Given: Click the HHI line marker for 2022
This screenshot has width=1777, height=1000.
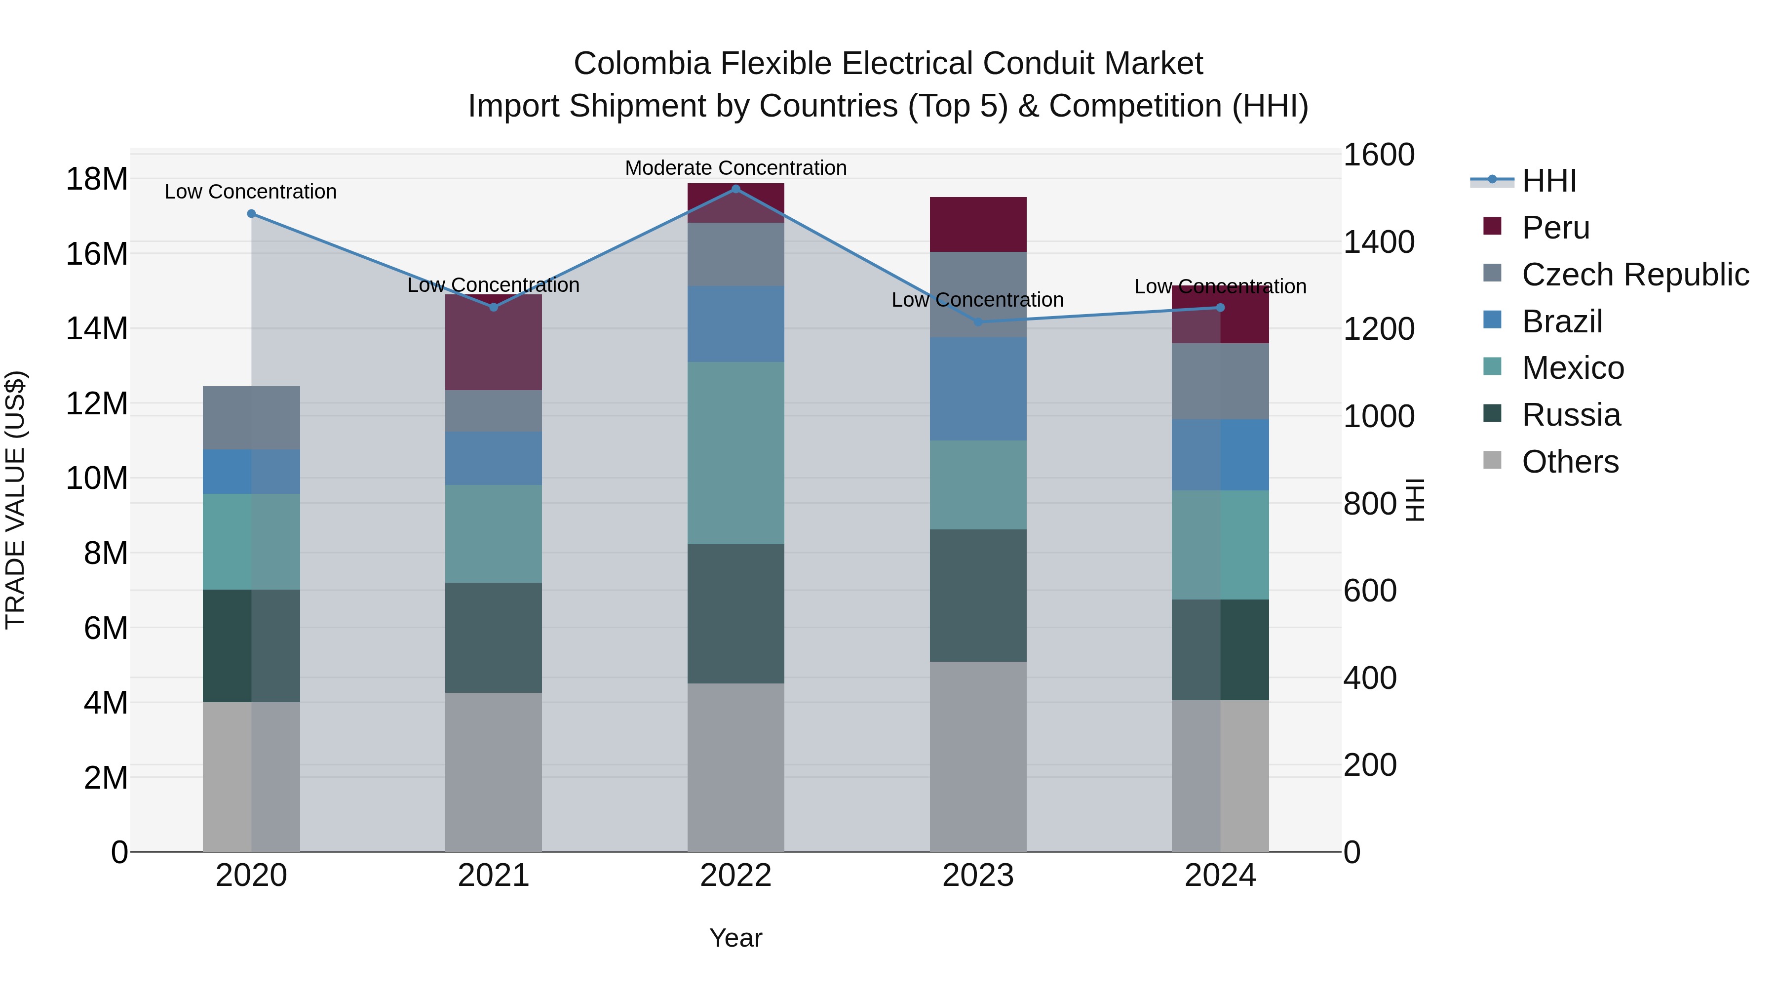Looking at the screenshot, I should (x=735, y=189).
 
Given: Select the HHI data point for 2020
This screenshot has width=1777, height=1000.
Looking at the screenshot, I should (x=251, y=214).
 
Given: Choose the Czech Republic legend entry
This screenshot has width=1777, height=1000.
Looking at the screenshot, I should (x=1635, y=275).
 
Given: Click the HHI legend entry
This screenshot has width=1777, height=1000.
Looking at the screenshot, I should (x=1548, y=181).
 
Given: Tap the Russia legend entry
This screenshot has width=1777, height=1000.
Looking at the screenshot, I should (x=1571, y=415).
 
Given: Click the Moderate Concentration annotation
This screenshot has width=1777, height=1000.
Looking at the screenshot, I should (x=735, y=168).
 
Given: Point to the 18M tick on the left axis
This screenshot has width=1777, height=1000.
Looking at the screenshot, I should (x=97, y=179).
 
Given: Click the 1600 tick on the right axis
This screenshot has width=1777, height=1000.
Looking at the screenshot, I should (x=1378, y=155).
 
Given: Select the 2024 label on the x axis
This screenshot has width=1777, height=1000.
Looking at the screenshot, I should (x=1220, y=876).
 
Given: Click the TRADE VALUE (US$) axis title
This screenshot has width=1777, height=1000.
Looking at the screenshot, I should (x=15, y=500).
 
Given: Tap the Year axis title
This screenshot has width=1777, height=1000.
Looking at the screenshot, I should (x=735, y=938).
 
